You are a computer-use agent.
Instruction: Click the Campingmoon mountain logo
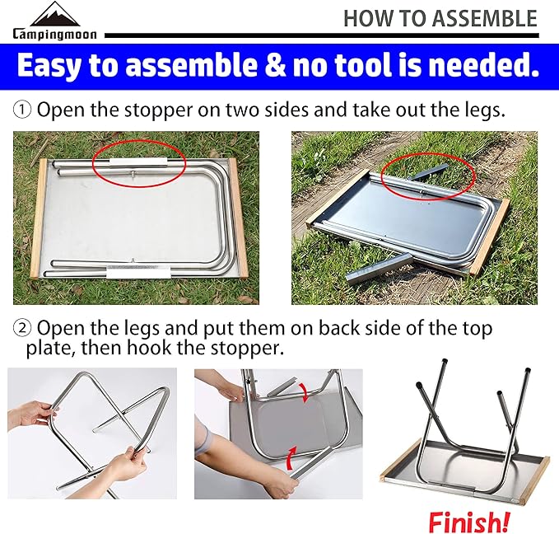(54, 14)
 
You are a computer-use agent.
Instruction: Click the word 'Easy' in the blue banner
(54, 67)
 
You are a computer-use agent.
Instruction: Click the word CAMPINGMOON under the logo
(54, 35)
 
